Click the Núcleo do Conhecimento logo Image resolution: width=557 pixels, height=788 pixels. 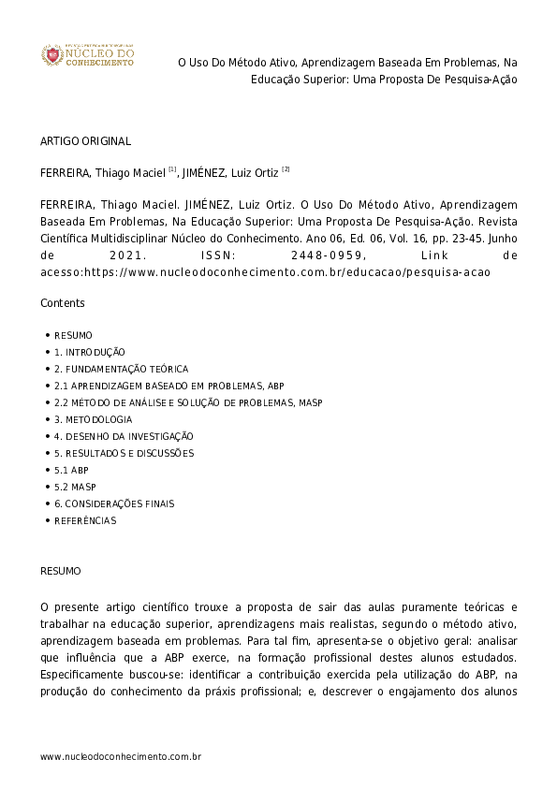click(87, 56)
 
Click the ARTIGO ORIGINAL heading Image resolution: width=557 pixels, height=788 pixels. click(85, 141)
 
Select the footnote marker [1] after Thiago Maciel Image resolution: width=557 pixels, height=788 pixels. click(172, 169)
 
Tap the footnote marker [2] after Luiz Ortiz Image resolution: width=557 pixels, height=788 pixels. click(286, 169)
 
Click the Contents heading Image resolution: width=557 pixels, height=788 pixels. click(62, 303)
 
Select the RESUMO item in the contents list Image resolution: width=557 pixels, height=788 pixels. click(73, 335)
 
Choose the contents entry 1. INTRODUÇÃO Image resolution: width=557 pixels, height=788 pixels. click(89, 352)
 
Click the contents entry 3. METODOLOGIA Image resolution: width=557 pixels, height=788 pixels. click(93, 419)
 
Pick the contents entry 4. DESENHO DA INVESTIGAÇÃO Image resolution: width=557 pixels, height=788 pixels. click(124, 436)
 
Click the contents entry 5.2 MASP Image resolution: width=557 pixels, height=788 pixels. click(75, 487)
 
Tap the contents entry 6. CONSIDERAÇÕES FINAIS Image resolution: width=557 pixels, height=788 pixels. click(114, 503)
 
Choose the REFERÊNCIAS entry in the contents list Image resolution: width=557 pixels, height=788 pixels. click(85, 520)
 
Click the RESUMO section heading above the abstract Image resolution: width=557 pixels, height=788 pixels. click(60, 570)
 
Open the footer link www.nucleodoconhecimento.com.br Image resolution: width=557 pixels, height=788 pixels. click(121, 755)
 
